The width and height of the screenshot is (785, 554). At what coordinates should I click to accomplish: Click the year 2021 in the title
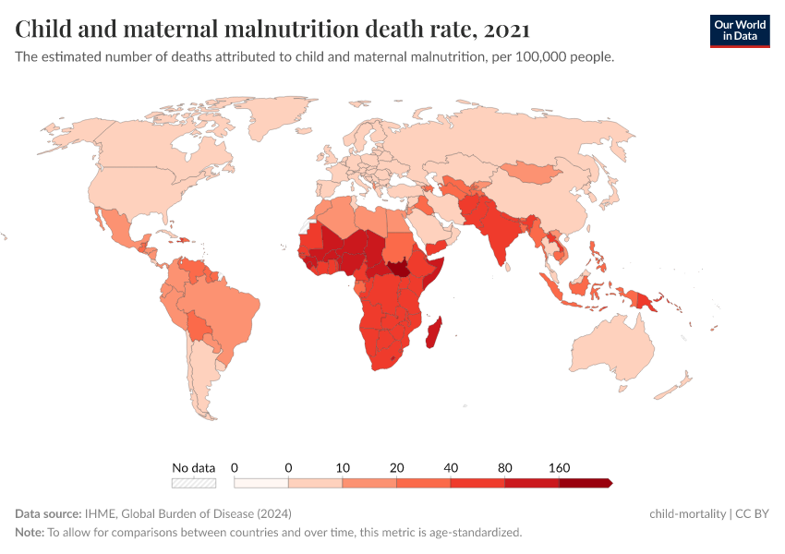tap(506, 30)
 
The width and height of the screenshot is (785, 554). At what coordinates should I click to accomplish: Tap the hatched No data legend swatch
tap(194, 483)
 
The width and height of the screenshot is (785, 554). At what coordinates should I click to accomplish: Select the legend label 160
tap(559, 468)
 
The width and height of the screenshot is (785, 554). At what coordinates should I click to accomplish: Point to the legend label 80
tap(504, 468)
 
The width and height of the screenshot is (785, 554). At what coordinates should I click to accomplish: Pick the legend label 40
tap(451, 468)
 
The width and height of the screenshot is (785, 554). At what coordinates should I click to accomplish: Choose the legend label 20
tap(396, 468)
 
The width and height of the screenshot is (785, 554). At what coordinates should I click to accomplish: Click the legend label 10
tap(343, 468)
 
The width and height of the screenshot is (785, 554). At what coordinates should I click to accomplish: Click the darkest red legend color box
tap(585, 483)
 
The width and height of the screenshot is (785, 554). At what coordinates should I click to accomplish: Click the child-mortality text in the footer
tap(686, 513)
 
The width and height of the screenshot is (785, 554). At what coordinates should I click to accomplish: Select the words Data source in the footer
tap(47, 513)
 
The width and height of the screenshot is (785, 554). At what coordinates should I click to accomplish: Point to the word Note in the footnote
tap(29, 532)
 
